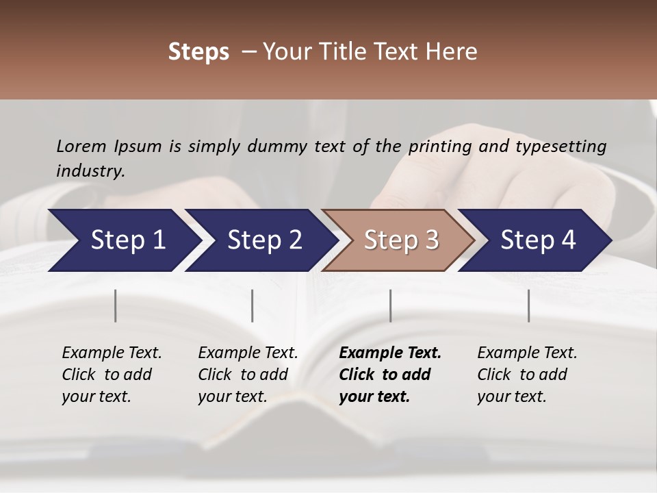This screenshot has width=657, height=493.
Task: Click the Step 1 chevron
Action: [x=123, y=240]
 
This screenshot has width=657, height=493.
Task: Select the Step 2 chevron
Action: [x=262, y=240]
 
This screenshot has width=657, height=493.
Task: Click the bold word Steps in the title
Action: [x=198, y=52]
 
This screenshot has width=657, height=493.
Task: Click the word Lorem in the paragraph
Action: [x=81, y=146]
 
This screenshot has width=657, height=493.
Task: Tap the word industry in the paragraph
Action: [x=90, y=170]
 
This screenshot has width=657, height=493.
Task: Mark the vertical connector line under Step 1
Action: [x=116, y=305]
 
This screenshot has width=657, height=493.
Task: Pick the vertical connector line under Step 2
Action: [x=253, y=305]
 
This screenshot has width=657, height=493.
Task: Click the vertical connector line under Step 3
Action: [x=391, y=305]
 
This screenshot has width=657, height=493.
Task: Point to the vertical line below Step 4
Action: [x=529, y=305]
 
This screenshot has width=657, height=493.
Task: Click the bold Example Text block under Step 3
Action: [x=389, y=375]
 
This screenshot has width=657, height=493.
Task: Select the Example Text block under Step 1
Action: [x=111, y=375]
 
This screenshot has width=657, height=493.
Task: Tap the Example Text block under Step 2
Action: [x=247, y=375]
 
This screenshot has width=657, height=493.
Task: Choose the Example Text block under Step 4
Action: [x=526, y=375]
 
